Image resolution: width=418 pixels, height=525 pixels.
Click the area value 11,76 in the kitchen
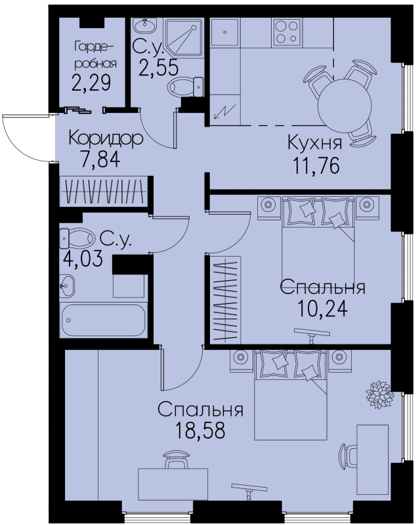pyautogui.click(x=316, y=165)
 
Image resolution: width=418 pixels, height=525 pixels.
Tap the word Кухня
pyautogui.click(x=315, y=143)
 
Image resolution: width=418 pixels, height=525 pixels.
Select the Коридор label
pyautogui.click(x=106, y=138)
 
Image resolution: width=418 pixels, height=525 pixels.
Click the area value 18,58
pyautogui.click(x=201, y=430)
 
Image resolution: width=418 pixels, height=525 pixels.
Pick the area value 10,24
pyautogui.click(x=322, y=308)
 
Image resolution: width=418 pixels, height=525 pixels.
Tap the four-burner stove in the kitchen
pyautogui.click(x=287, y=32)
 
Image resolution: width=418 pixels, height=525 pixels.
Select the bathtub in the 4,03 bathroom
pyautogui.click(x=104, y=320)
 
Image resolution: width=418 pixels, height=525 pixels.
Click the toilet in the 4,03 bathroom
pyautogui.click(x=77, y=238)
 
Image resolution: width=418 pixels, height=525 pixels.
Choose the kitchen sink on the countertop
pyautogui.click(x=225, y=32)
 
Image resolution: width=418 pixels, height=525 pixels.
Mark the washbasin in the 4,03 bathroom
pyautogui.click(x=68, y=285)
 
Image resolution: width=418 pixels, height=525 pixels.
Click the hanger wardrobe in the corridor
pyautogui.click(x=104, y=191)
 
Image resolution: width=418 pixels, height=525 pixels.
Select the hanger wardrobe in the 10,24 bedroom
pyautogui.click(x=226, y=299)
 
